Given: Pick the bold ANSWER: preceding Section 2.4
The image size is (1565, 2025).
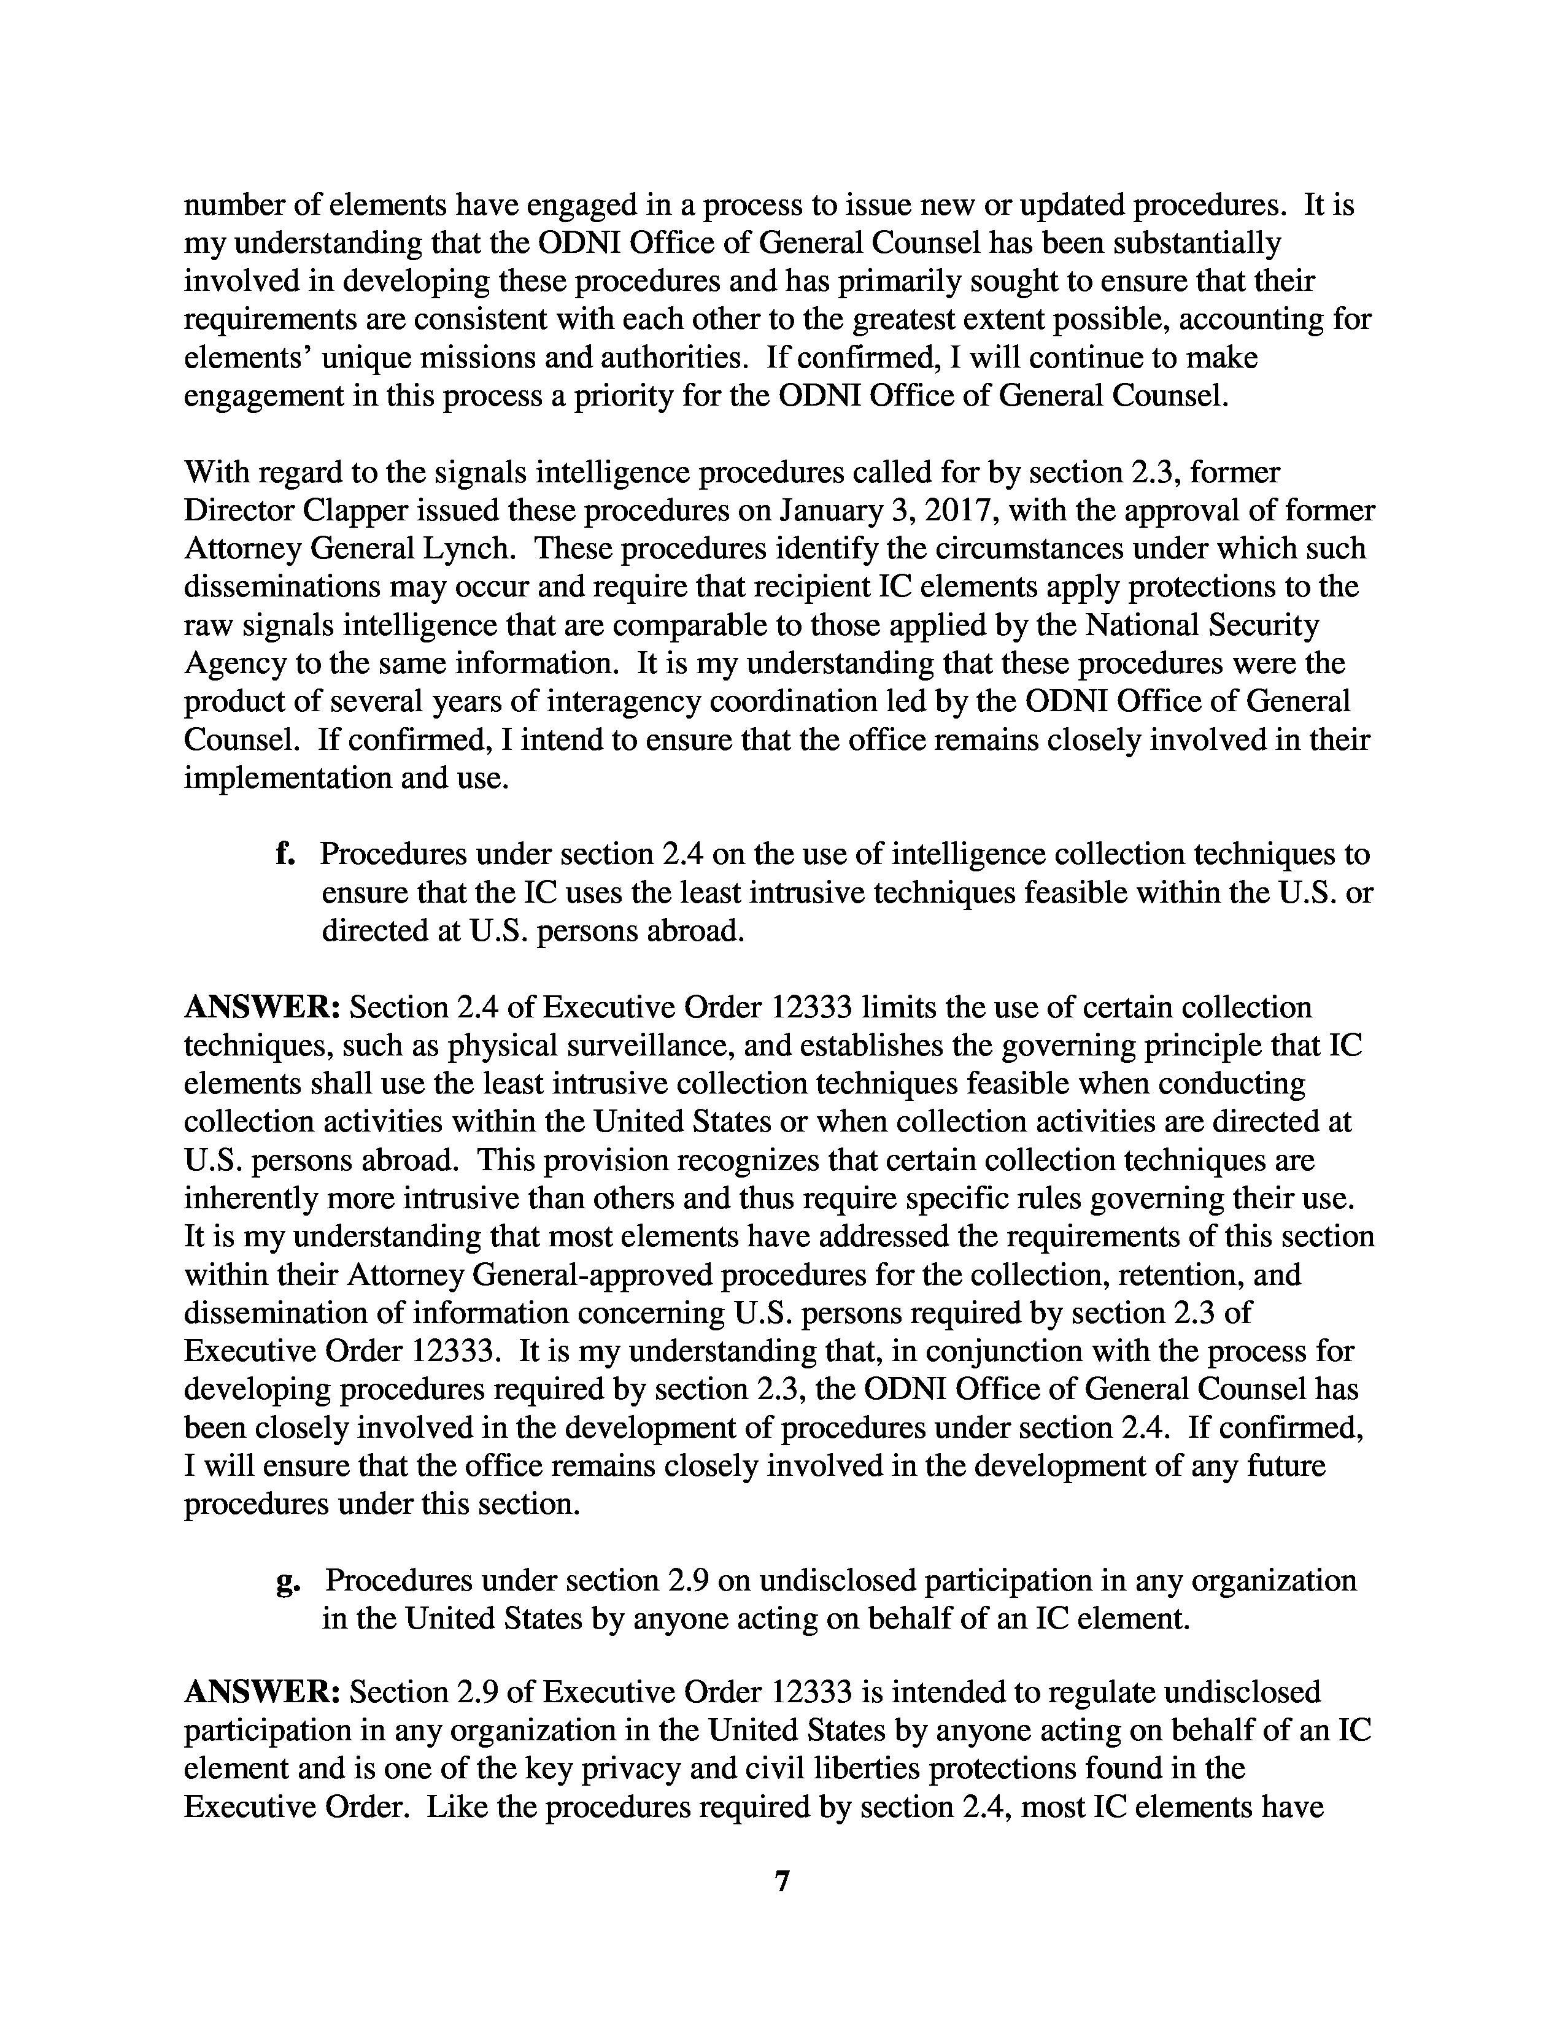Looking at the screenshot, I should [x=263, y=1007].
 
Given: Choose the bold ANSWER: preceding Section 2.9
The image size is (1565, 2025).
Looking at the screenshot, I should [x=263, y=1692].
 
